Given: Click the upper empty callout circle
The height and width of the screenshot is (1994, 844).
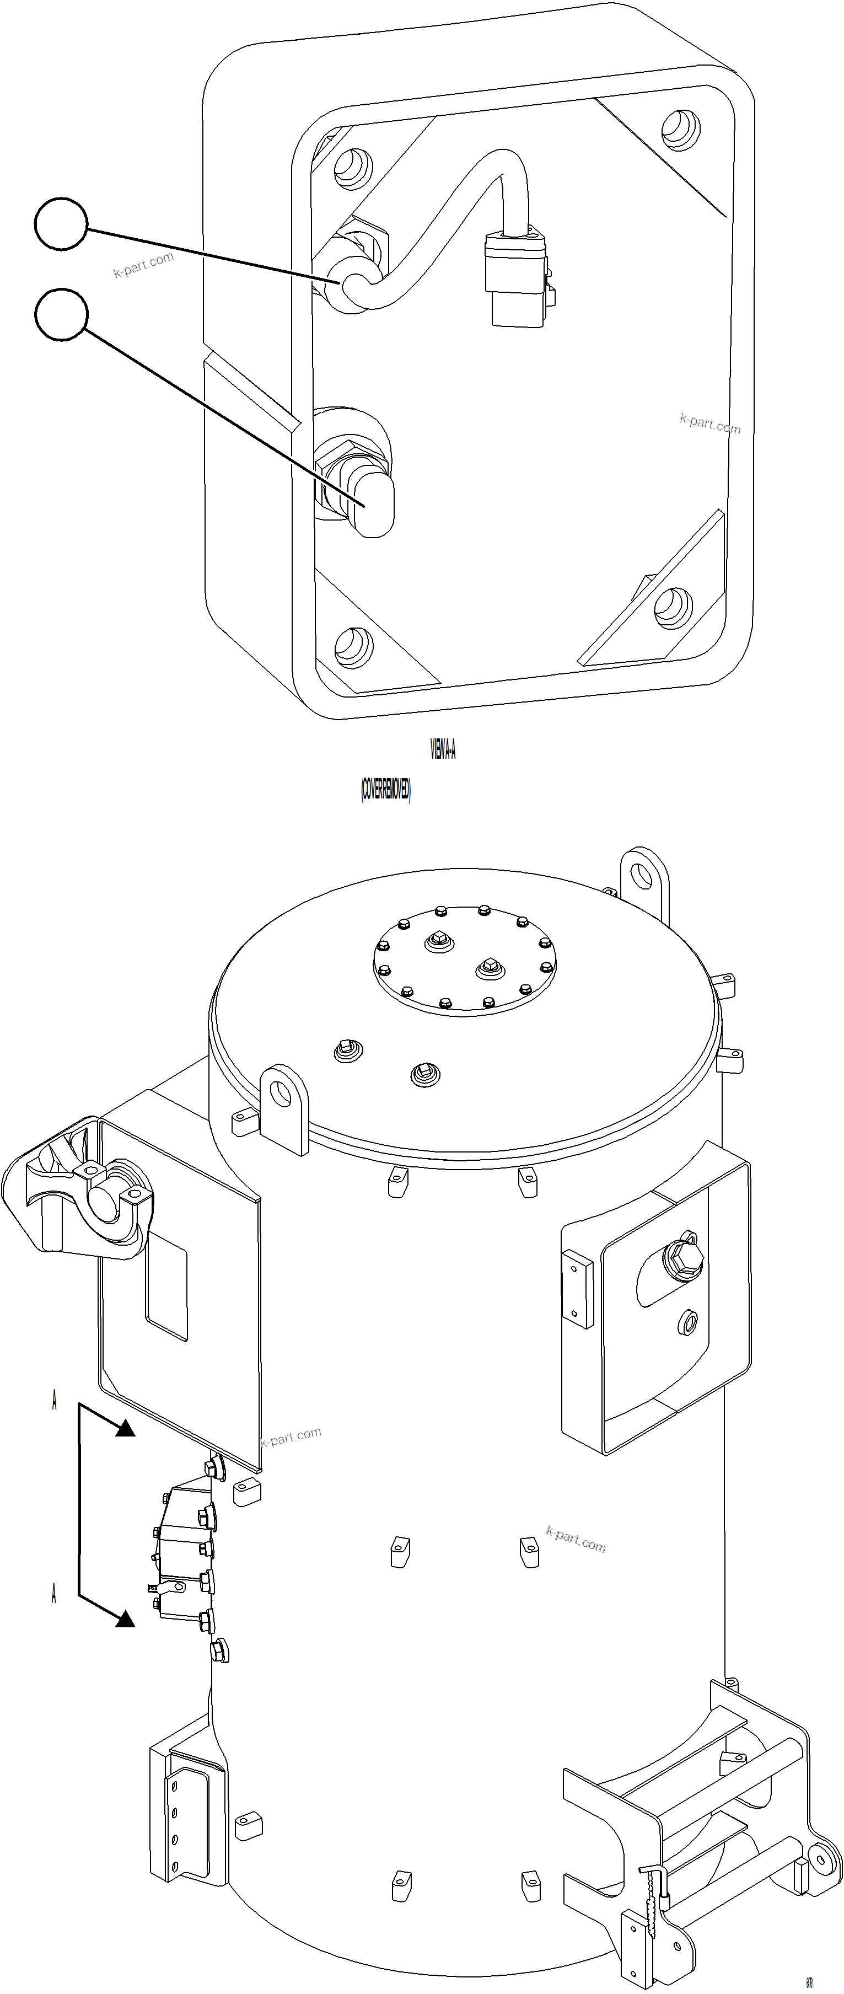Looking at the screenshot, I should click(x=61, y=224).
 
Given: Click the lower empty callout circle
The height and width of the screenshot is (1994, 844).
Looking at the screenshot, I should click(x=61, y=315).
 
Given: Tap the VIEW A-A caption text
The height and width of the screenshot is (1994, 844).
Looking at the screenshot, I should click(x=443, y=749).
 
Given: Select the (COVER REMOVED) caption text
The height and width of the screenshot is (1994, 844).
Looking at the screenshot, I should click(x=385, y=790).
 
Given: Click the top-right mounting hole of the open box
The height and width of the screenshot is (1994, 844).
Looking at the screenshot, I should click(x=681, y=128).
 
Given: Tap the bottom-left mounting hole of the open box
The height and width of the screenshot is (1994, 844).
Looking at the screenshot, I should click(x=353, y=646).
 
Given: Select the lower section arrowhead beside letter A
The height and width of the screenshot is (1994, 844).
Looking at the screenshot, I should click(x=125, y=1618).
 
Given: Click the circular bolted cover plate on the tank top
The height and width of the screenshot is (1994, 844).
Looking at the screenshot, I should click(x=464, y=960).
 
